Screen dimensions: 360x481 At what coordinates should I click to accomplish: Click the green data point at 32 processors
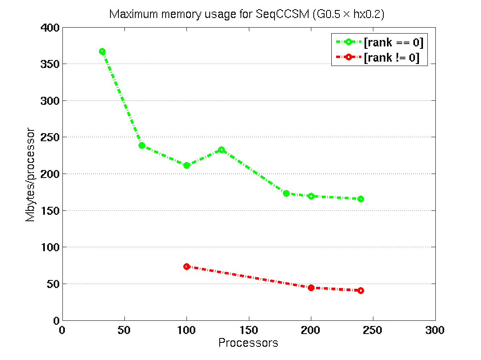pos(102,52)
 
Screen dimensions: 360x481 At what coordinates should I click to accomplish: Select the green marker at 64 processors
pos(142,145)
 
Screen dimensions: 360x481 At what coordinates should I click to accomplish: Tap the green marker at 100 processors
pos(186,165)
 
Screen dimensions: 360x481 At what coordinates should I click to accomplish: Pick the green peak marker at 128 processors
pos(221,150)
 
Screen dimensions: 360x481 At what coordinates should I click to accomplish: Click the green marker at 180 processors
pos(286,193)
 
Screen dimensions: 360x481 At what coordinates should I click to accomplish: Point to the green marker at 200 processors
pos(311,196)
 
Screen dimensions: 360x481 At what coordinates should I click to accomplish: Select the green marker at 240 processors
pos(361,199)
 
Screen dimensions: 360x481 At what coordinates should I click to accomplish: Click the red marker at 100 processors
pos(186,266)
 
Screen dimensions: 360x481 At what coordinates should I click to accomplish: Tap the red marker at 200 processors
pos(311,288)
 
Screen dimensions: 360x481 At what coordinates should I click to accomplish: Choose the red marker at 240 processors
pos(361,290)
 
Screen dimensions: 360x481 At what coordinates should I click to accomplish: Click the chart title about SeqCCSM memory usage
pos(247,14)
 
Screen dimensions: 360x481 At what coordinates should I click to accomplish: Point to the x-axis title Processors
pos(248,343)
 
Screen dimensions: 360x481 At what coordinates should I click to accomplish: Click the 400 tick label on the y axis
pos(50,28)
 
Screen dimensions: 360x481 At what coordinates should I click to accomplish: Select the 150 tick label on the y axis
pos(50,211)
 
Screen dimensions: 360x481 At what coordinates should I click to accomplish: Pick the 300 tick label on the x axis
pos(435,330)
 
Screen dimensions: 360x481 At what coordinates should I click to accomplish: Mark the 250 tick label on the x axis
pos(373,330)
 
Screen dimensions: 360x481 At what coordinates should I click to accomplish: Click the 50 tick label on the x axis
pos(124,330)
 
